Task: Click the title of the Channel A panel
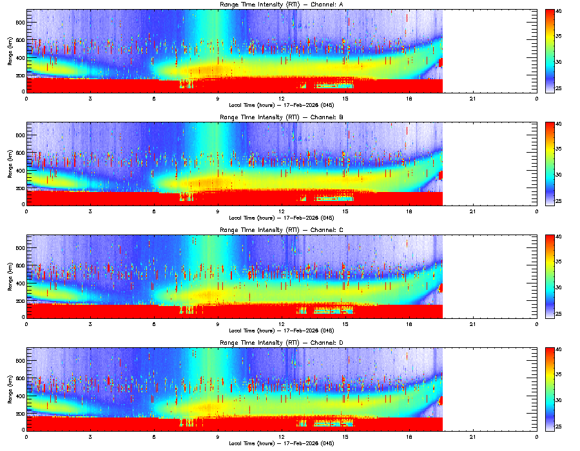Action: pyautogui.click(x=282, y=5)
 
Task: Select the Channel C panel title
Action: pyautogui.click(x=282, y=229)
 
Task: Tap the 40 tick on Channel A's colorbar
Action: pyautogui.click(x=559, y=12)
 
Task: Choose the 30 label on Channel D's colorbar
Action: pyautogui.click(x=559, y=400)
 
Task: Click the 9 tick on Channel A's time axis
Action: pyautogui.click(x=218, y=99)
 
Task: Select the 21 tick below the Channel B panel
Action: pyautogui.click(x=473, y=211)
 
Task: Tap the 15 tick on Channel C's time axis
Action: pyautogui.click(x=345, y=324)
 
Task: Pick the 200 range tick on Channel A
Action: pyautogui.click(x=21, y=75)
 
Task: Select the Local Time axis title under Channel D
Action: pyautogui.click(x=282, y=443)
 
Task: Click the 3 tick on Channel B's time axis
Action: pyautogui.click(x=90, y=211)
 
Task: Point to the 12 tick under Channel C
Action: pyautogui.click(x=282, y=324)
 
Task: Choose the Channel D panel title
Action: pyautogui.click(x=282, y=342)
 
